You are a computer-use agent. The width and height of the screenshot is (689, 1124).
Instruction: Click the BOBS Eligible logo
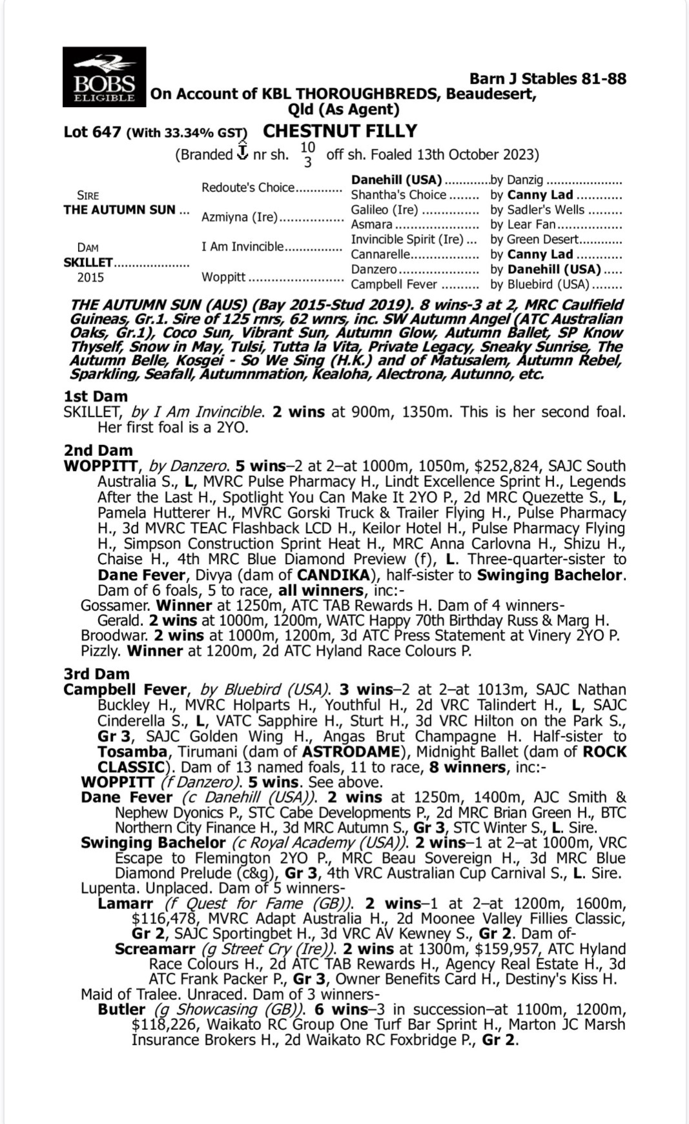pyautogui.click(x=104, y=76)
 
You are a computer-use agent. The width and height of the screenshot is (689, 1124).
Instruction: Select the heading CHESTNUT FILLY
pyautogui.click(x=340, y=131)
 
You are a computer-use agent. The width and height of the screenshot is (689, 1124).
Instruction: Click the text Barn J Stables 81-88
pyautogui.click(x=548, y=79)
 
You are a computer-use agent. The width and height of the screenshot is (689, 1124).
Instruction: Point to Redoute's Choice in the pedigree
pyautogui.click(x=248, y=188)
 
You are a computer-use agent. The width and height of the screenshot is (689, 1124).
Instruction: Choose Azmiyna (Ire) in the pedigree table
pyautogui.click(x=239, y=217)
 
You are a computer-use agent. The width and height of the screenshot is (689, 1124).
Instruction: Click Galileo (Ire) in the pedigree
pyautogui.click(x=384, y=210)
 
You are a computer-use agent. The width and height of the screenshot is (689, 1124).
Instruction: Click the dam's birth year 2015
pyautogui.click(x=90, y=278)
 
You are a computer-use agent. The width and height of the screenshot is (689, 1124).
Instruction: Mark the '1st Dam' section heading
pyautogui.click(x=96, y=396)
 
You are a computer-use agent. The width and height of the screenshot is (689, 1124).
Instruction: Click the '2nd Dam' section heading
pyautogui.click(x=98, y=451)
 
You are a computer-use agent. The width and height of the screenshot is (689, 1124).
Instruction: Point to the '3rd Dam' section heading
pyautogui.click(x=97, y=674)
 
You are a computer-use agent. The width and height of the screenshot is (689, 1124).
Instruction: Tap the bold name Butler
pyautogui.click(x=121, y=1010)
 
